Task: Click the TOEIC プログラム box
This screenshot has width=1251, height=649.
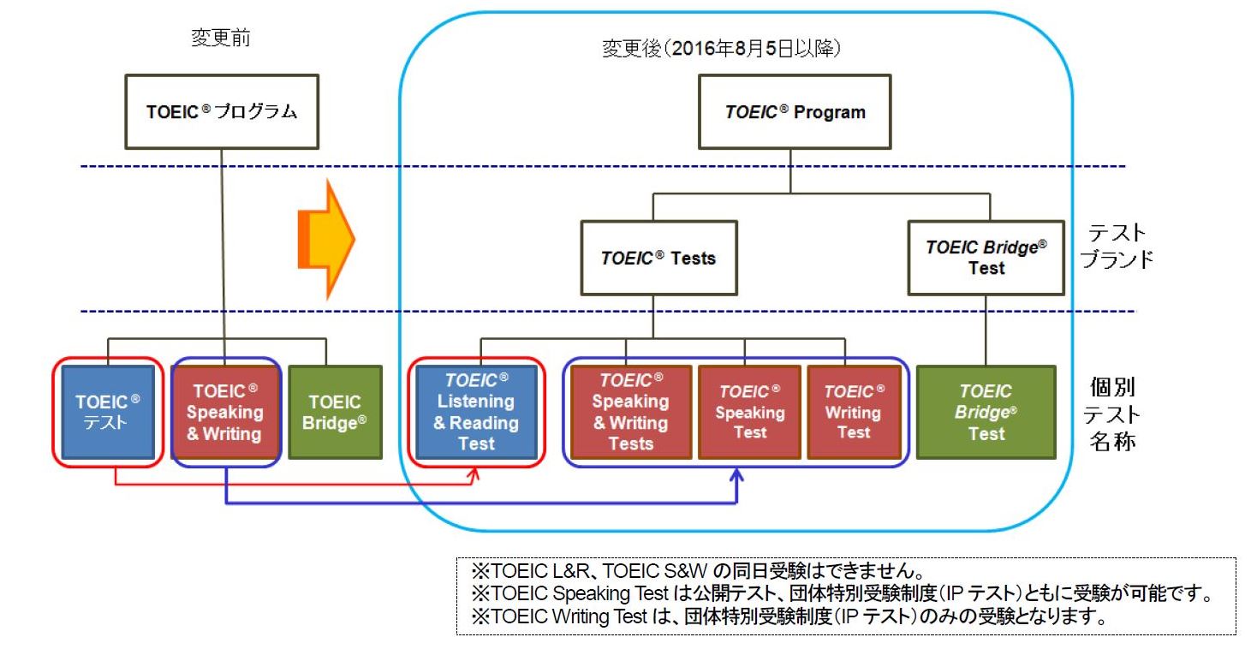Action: (x=222, y=111)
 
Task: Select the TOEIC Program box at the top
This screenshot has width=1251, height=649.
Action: (x=795, y=111)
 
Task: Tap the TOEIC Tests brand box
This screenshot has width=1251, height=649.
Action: (x=659, y=258)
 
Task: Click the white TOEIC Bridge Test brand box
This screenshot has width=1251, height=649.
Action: (x=986, y=258)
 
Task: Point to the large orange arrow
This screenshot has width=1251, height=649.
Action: (x=326, y=239)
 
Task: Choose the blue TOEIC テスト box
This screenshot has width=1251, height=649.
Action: (x=108, y=412)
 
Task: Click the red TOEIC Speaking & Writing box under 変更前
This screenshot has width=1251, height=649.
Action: (x=225, y=412)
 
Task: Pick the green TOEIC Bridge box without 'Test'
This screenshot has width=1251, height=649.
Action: (x=335, y=412)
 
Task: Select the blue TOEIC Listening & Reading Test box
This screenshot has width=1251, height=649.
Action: (x=476, y=412)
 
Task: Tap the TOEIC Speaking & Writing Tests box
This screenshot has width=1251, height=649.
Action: (x=631, y=412)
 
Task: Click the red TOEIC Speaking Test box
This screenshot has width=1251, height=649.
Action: (x=750, y=412)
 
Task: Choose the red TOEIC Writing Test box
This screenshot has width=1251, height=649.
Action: (x=854, y=412)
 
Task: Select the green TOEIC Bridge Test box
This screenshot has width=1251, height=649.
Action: (x=986, y=412)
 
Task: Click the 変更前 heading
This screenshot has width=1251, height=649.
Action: (x=221, y=38)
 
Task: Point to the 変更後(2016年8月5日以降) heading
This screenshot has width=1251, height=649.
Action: (x=721, y=49)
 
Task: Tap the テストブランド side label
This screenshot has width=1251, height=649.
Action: (x=1117, y=246)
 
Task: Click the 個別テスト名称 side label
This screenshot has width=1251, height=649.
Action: (x=1112, y=414)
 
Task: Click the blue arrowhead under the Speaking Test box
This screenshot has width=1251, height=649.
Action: (x=736, y=476)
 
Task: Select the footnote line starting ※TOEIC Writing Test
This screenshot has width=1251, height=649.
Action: (x=789, y=616)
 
